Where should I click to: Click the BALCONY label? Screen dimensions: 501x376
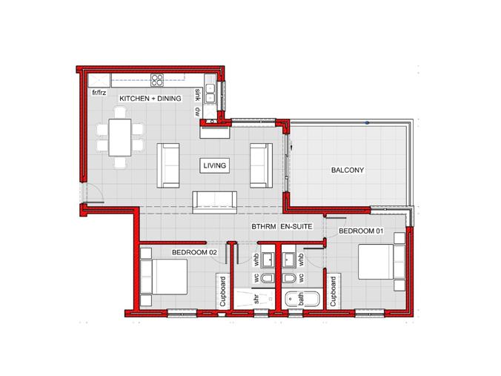point(348,170)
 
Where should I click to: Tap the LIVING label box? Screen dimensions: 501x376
point(214,165)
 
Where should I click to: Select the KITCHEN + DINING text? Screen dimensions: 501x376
point(150,99)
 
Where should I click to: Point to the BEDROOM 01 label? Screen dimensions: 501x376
point(361,231)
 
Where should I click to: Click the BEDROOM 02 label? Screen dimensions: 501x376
point(194,252)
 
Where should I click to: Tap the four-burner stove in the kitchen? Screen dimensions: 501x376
point(157,80)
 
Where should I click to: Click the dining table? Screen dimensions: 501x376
point(120,137)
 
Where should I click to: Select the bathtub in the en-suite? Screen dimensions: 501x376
point(302,300)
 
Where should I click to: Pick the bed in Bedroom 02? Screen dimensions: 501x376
point(164,277)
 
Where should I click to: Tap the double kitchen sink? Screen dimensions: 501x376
point(210,93)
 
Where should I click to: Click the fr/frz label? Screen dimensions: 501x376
point(99,93)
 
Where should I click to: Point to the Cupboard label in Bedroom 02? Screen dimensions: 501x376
point(222,291)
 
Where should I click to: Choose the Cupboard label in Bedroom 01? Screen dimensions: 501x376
point(333,291)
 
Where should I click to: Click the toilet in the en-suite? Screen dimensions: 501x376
point(289,278)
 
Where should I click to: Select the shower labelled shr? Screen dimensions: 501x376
point(254,299)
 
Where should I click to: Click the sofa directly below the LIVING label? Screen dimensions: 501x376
point(215,202)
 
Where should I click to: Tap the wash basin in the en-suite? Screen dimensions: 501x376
point(290,260)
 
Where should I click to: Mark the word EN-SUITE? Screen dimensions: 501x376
point(296,227)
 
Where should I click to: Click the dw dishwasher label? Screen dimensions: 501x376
point(197,111)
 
